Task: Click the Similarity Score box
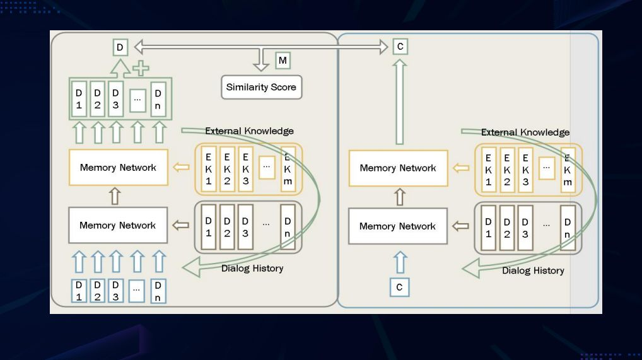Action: pos(261,87)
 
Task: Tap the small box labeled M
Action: pos(283,61)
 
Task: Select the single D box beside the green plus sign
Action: pos(120,47)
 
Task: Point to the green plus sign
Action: pos(141,69)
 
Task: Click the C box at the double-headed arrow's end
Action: pos(399,47)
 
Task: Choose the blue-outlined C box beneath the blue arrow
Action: pos(399,287)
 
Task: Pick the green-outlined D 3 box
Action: pos(115,99)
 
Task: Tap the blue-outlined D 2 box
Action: pos(97,290)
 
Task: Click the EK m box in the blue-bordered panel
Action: pos(568,169)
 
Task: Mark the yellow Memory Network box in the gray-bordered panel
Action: pos(118,167)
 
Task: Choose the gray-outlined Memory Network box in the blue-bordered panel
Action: pos(397,226)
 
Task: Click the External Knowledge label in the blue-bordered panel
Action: pos(525,132)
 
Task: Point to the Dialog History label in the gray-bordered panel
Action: pos(252,268)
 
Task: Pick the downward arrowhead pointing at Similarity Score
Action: pos(261,64)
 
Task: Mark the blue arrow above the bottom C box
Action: pos(399,261)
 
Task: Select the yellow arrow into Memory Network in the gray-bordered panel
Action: pos(181,168)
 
